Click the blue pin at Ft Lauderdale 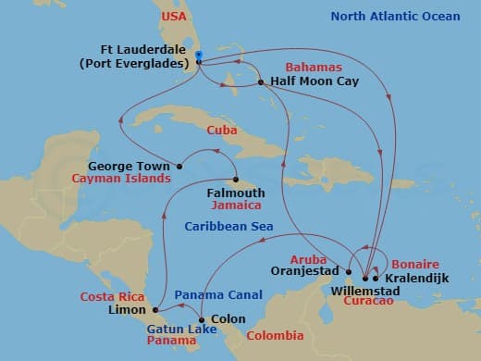click(199, 56)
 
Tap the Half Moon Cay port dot click(262, 82)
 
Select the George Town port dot click(179, 167)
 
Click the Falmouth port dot click(236, 180)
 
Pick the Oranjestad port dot click(349, 272)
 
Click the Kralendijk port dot click(376, 278)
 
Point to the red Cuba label click(219, 131)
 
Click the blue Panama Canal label click(214, 293)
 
